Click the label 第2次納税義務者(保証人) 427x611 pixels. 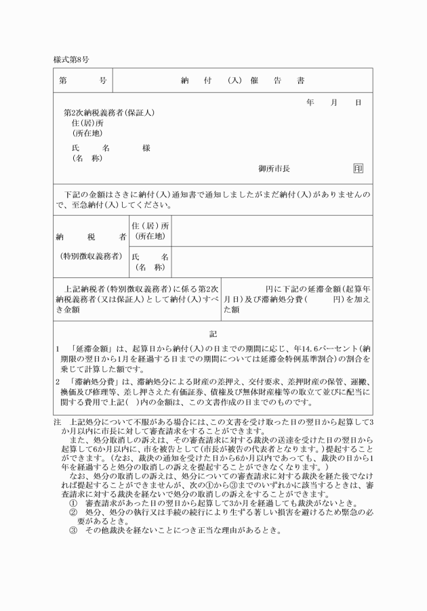click(109, 112)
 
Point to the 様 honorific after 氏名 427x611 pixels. click(146, 148)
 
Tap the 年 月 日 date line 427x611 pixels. click(333, 102)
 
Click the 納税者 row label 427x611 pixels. click(91, 237)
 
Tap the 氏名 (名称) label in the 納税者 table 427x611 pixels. click(150, 261)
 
